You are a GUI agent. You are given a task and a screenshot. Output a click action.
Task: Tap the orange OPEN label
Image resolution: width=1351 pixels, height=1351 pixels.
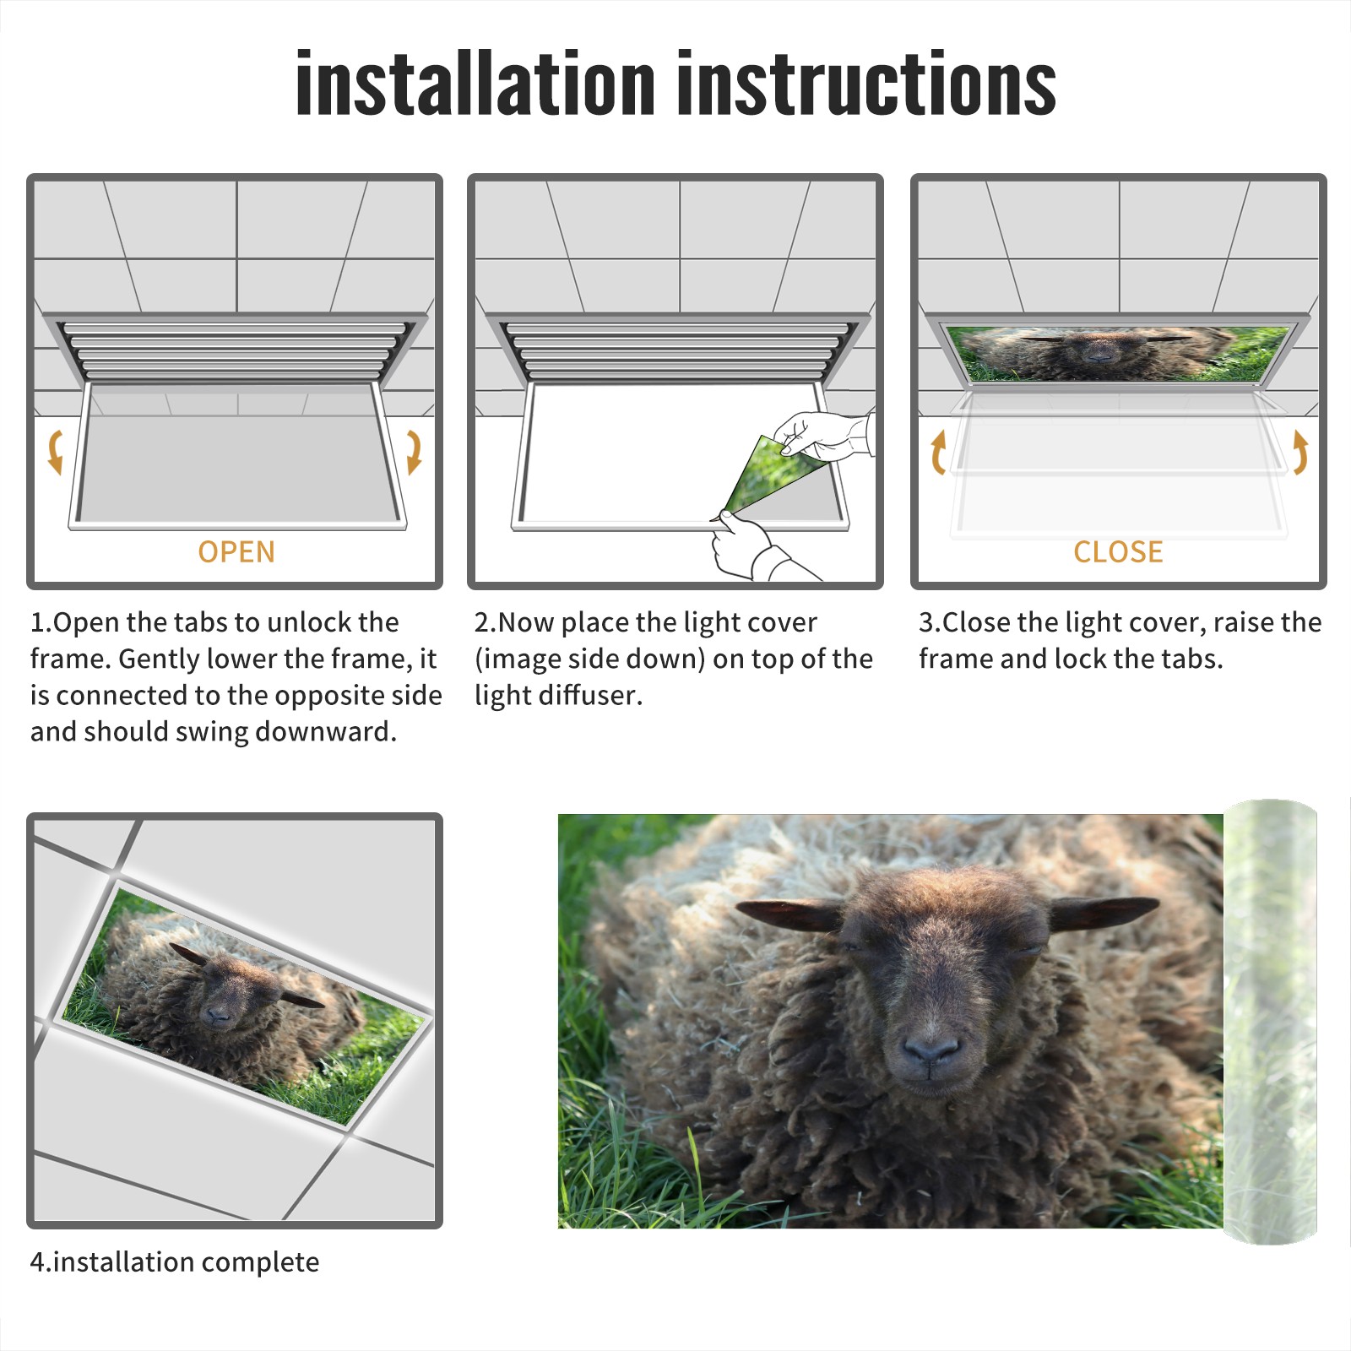tap(236, 551)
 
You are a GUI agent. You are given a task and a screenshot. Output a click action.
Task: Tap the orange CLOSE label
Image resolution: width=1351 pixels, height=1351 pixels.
tap(1118, 551)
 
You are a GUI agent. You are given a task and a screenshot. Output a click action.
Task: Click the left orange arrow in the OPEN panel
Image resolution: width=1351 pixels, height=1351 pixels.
tap(55, 452)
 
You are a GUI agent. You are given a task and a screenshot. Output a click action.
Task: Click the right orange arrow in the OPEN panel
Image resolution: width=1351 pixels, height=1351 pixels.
tap(414, 452)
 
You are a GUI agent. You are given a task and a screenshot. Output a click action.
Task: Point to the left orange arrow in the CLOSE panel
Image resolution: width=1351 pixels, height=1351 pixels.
tap(938, 452)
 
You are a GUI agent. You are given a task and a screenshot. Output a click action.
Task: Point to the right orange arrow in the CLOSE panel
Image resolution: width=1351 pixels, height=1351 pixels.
tap(1299, 452)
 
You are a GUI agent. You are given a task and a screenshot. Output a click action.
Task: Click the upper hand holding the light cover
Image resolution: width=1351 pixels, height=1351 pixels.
tap(823, 436)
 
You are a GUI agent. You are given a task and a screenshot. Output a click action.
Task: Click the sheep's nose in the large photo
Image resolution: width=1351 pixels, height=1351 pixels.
tap(931, 1052)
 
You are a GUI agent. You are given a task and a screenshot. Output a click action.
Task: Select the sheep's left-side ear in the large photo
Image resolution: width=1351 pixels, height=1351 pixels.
tap(789, 914)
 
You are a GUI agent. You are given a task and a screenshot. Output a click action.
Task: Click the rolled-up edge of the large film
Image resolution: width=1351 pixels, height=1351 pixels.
tap(1270, 1022)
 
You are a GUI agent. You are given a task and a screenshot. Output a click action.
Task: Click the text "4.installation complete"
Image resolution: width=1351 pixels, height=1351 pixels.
tap(175, 1261)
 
